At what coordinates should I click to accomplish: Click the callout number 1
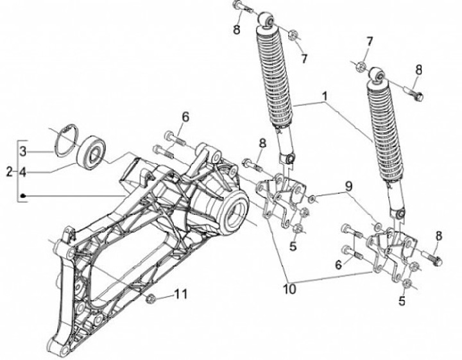point(325,98)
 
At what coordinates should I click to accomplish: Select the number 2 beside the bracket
point(8,171)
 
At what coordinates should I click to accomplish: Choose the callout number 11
point(181,295)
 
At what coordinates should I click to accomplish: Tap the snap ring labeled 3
point(65,141)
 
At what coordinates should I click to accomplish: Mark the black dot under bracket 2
point(22,195)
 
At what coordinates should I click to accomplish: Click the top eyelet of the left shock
point(266,22)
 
